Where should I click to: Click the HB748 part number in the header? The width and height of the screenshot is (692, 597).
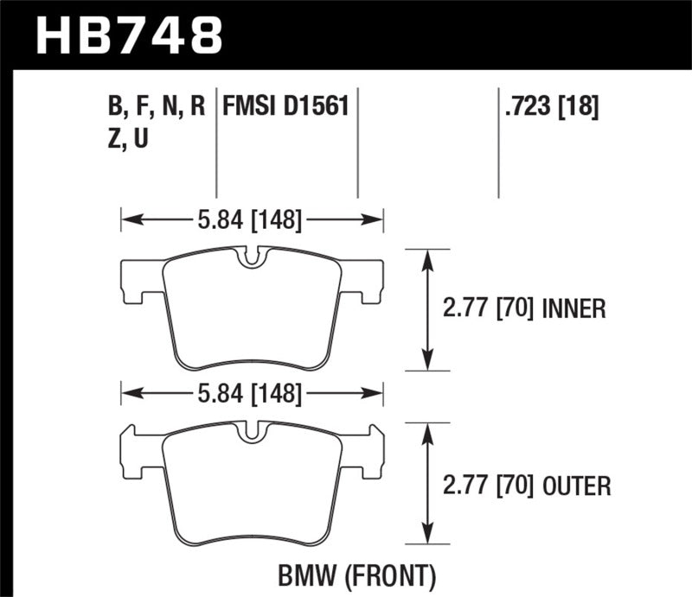[x=128, y=35]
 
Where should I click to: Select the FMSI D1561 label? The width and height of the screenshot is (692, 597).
[x=285, y=107]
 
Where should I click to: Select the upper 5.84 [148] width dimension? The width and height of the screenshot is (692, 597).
[x=251, y=221]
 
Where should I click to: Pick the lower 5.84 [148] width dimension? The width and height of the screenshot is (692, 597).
[x=251, y=395]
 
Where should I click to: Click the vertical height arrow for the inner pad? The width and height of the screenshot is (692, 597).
[x=426, y=309]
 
